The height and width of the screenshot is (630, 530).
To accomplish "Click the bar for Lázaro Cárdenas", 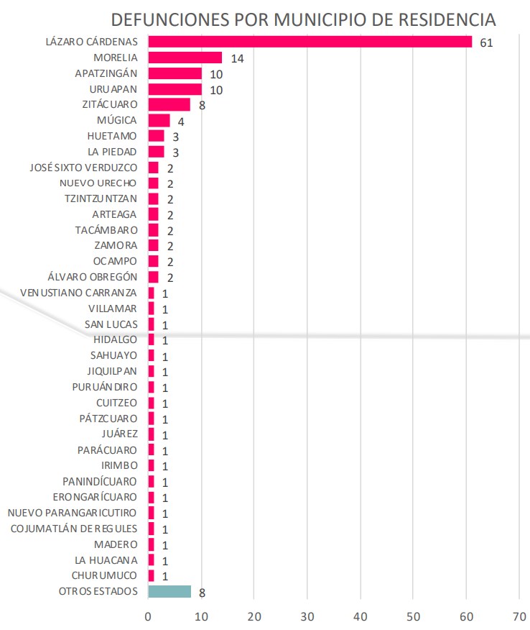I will click(310, 42).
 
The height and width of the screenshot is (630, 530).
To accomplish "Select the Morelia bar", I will click(185, 58).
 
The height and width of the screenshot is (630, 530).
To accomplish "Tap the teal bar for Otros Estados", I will click(169, 591).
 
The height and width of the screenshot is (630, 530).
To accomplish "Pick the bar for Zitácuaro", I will click(169, 104).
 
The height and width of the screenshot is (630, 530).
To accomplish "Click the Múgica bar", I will click(159, 120).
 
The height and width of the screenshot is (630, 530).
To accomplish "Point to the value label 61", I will click(486, 43).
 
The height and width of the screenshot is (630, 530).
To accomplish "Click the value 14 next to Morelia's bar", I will click(237, 59).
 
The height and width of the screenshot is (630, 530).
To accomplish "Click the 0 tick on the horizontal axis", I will click(148, 616).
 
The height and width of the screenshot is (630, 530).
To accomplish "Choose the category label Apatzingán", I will click(106, 73).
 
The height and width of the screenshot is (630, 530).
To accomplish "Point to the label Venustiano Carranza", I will click(78, 293).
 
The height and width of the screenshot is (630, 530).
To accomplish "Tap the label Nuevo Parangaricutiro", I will click(72, 513).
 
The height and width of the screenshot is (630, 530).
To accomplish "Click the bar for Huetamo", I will click(156, 136).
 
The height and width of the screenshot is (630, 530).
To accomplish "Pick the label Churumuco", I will click(105, 575).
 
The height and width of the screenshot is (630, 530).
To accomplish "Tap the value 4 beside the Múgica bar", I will click(181, 122).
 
